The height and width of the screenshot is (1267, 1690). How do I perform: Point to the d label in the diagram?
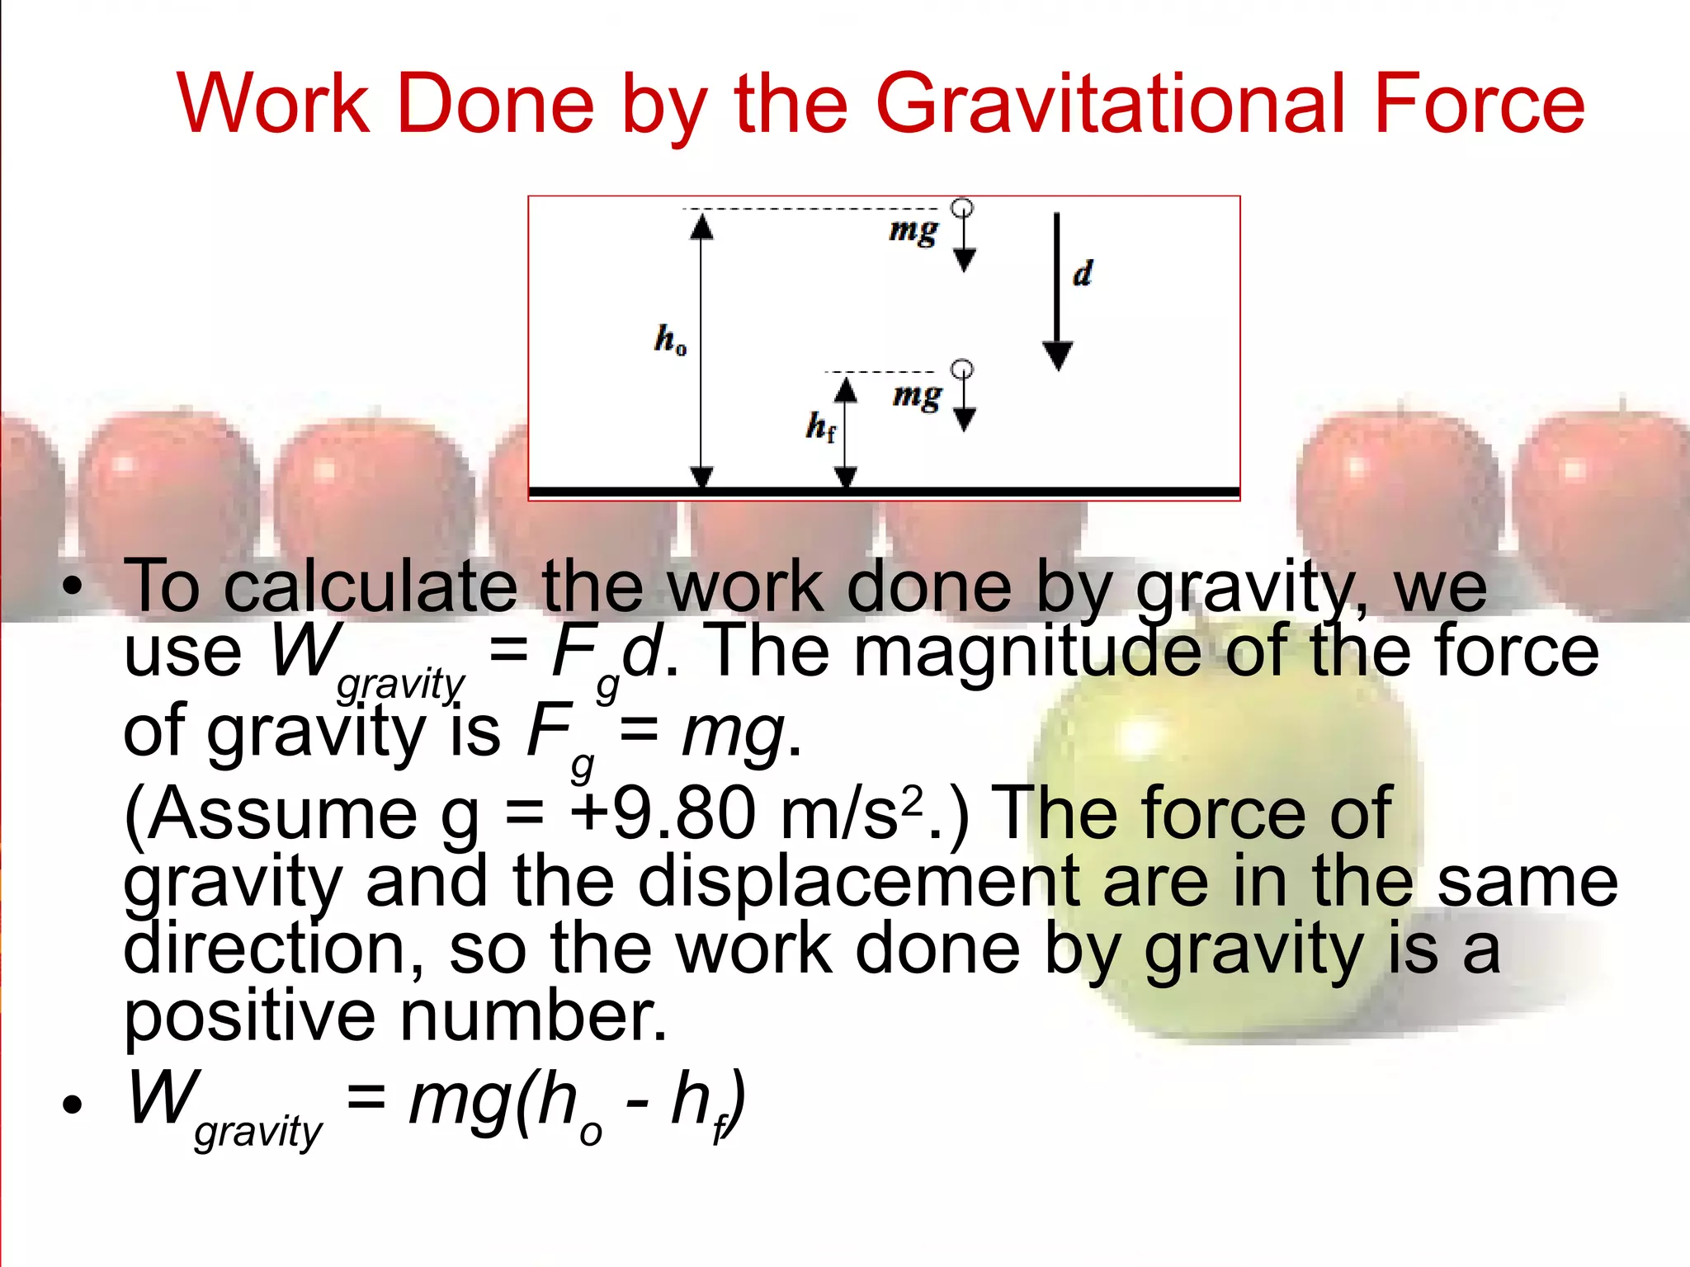(x=1083, y=273)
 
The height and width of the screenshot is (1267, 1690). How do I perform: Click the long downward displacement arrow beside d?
(x=1057, y=289)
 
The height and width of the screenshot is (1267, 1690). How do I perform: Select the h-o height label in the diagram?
(x=669, y=339)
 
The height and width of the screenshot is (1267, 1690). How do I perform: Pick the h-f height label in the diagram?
(x=820, y=426)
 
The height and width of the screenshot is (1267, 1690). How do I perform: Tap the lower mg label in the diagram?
(x=917, y=397)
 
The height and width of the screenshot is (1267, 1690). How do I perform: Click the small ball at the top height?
(x=962, y=207)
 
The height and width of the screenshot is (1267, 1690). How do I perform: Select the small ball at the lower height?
(x=962, y=369)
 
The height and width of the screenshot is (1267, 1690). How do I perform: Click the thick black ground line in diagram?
(x=883, y=492)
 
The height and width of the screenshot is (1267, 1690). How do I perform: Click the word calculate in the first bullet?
(x=371, y=586)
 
